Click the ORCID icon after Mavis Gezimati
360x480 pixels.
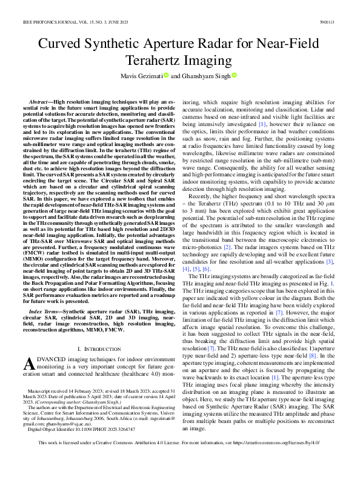tap(165, 76)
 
